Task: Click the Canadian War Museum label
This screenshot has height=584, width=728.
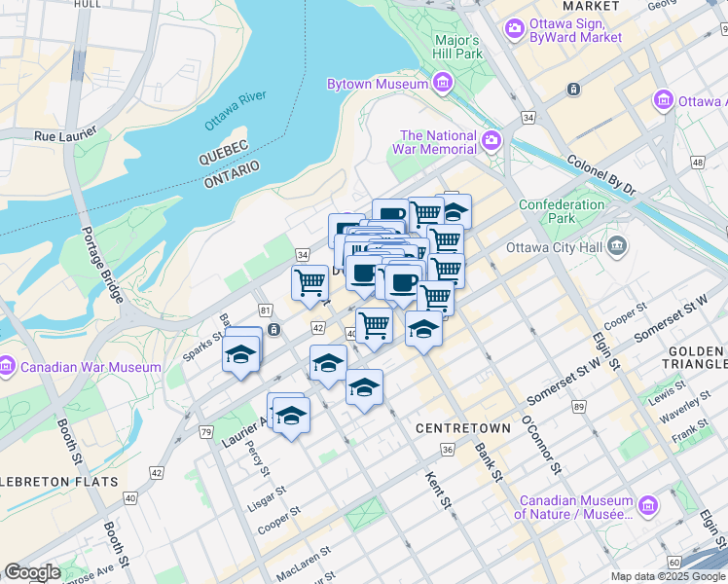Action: point(91,367)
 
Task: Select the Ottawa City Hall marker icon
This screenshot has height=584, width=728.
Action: point(617,246)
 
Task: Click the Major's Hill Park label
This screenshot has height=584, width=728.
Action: point(457,47)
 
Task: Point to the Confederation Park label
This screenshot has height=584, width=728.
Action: point(562,211)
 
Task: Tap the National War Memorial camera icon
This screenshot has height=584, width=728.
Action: point(492,142)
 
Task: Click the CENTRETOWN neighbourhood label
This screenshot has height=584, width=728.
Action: point(463,428)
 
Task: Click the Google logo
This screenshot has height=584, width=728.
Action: point(32,572)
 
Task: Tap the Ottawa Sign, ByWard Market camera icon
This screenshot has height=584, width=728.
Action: point(514,30)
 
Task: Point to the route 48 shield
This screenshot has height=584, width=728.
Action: point(697,163)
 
